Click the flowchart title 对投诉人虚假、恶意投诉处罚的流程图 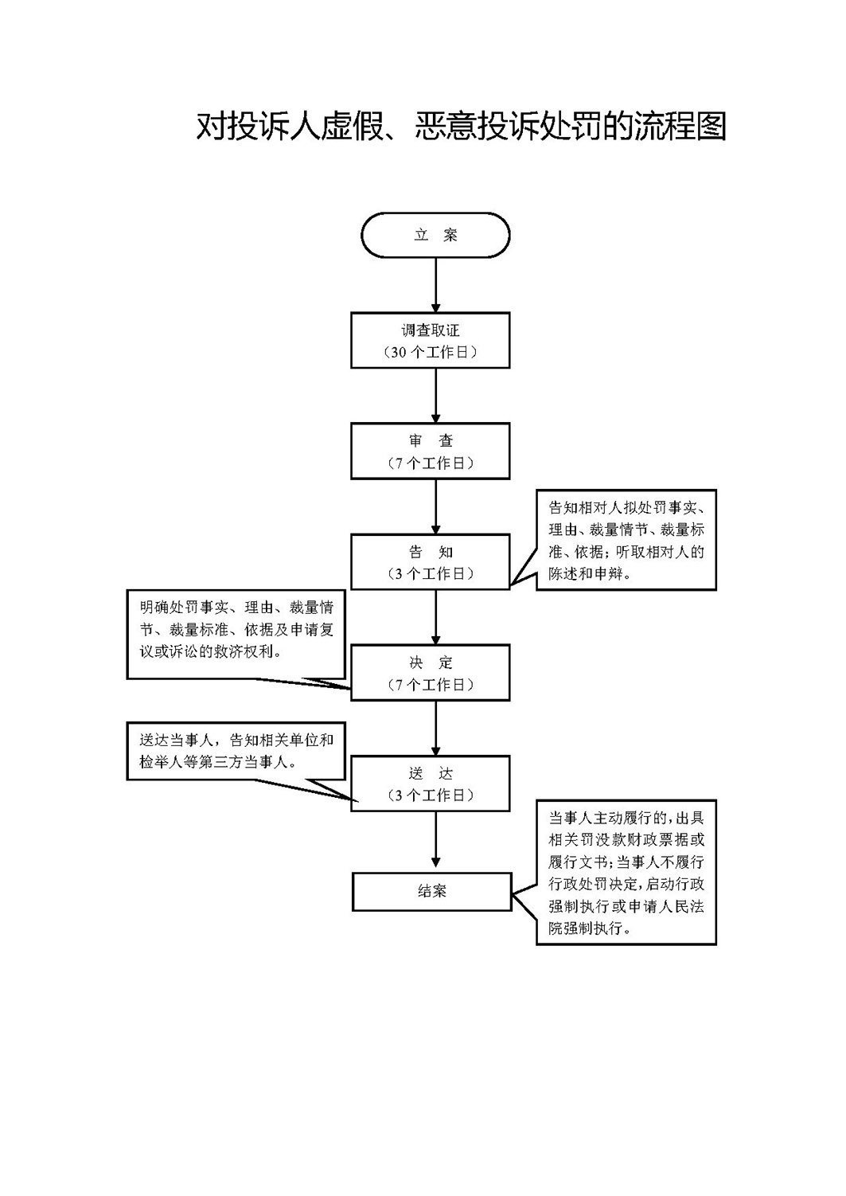[462, 127]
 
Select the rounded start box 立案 [435, 235]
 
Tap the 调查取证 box [431, 340]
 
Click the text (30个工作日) [431, 352]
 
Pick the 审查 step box [431, 451]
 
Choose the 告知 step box [431, 561]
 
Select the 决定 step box [431, 673]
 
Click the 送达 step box [431, 784]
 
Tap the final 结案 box [432, 892]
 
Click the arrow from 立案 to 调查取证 [435, 285]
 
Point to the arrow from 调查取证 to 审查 [435, 396]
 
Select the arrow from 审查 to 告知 [435, 506]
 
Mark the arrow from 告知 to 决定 [435, 617]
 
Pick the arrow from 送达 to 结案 [435, 839]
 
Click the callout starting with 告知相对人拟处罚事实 [626, 540]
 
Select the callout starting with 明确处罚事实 [236, 635]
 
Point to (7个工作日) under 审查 [431, 463]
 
